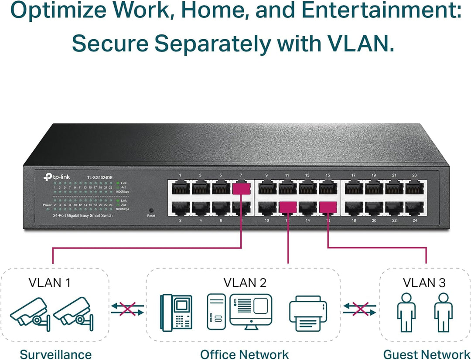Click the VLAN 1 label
(x=49, y=282)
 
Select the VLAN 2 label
(x=245, y=282)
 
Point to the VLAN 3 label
(x=424, y=282)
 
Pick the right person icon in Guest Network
(x=443, y=312)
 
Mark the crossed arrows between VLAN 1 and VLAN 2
(x=127, y=309)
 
